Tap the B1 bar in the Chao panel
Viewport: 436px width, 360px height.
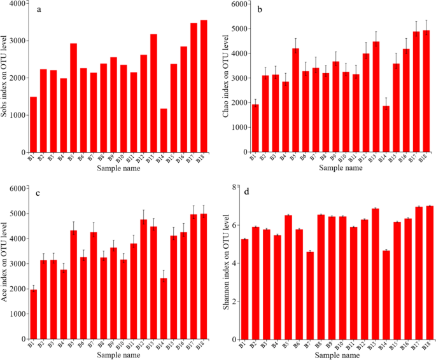click(x=255, y=128)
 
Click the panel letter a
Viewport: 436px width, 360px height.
click(x=39, y=10)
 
